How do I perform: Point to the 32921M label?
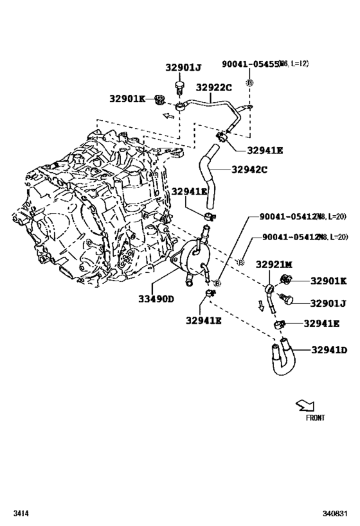[x=274, y=264]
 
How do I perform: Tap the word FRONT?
[x=315, y=417]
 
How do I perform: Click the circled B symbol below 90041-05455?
[x=250, y=82]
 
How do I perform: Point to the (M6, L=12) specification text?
[x=294, y=64]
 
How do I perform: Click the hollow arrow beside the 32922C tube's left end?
[x=168, y=116]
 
